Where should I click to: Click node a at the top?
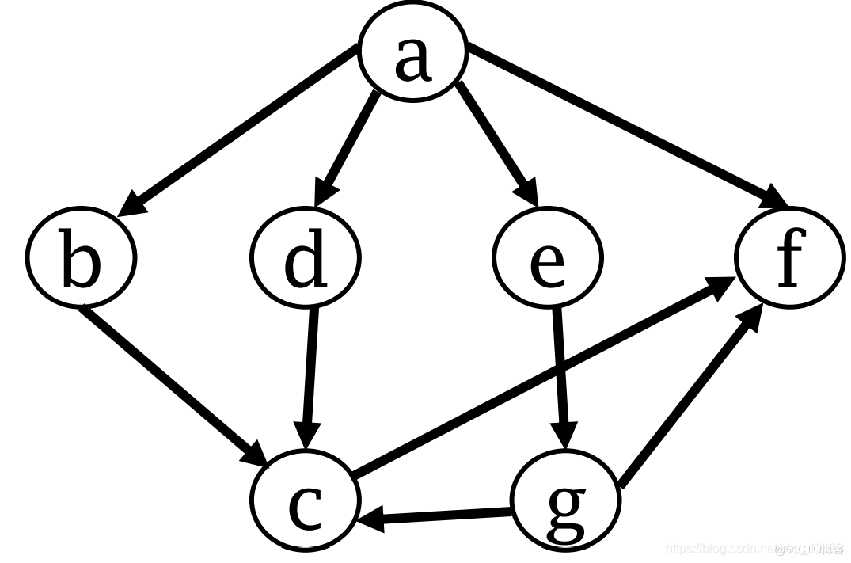[x=413, y=54]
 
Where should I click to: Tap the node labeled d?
[x=306, y=257]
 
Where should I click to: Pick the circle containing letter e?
[x=548, y=257]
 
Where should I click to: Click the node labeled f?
[x=790, y=257]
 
